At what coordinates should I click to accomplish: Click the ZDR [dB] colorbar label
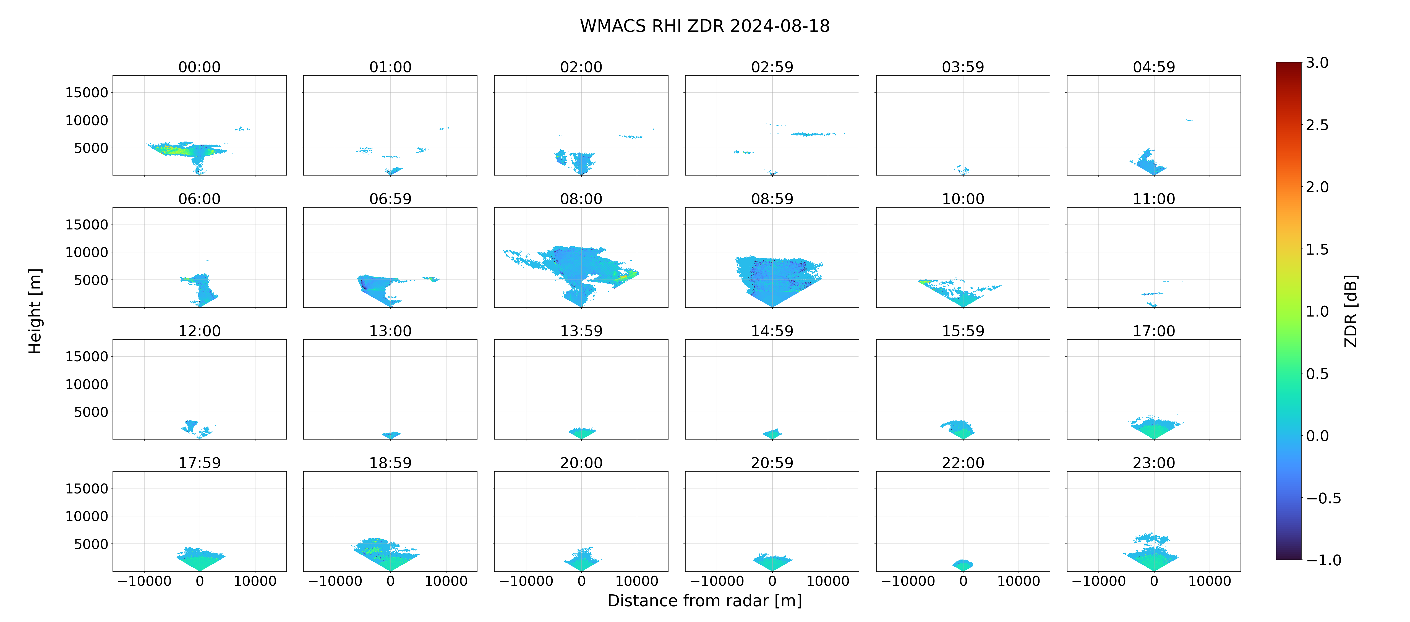coord(1351,311)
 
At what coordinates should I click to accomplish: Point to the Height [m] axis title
coord(35,311)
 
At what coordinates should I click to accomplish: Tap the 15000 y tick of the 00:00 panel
coord(87,93)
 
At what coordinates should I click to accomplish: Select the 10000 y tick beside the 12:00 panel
coord(87,384)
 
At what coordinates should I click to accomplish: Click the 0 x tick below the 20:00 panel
coord(581,581)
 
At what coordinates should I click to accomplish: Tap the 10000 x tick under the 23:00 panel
coord(1210,581)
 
